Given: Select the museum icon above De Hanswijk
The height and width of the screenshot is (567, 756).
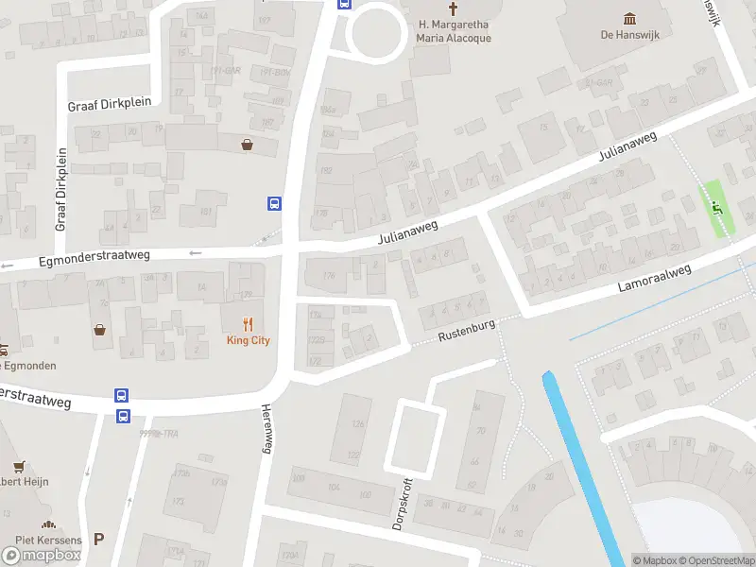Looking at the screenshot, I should click(x=630, y=18).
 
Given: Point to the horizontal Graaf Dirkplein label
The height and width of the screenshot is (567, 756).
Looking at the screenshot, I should click(x=103, y=106).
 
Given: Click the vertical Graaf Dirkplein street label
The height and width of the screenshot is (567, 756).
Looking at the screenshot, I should click(x=60, y=189).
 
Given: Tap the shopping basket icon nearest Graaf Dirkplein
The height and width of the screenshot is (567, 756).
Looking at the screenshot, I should click(x=248, y=145).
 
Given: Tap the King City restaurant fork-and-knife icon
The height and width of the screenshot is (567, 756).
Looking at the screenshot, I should click(x=248, y=322).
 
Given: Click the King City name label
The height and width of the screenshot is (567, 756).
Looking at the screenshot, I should click(x=248, y=340).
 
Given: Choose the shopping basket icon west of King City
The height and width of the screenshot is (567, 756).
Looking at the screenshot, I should click(x=100, y=329).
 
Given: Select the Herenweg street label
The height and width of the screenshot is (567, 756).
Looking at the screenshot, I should click(x=266, y=430).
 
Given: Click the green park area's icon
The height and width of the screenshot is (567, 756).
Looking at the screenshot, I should click(x=716, y=210).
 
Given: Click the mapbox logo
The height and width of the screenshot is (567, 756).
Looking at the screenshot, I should click(x=42, y=555).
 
